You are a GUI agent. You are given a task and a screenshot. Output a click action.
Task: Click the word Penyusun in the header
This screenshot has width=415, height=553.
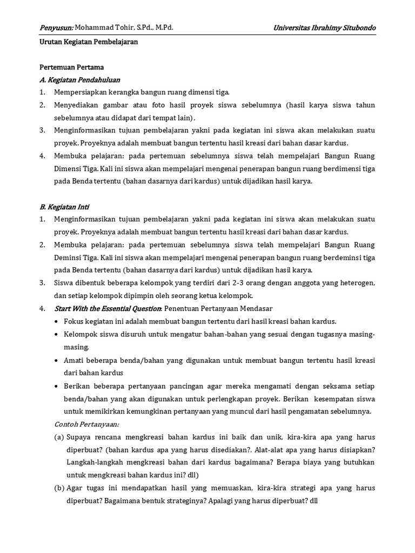click(56, 28)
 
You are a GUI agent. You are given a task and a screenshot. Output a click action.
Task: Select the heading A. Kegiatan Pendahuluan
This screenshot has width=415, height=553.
click(80, 80)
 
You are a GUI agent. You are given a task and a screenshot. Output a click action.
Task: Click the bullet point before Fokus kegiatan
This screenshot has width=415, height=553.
click(57, 321)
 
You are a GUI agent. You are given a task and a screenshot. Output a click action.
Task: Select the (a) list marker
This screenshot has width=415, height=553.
click(59, 437)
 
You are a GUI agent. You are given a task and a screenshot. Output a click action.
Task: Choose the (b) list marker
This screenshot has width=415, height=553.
click(59, 488)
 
